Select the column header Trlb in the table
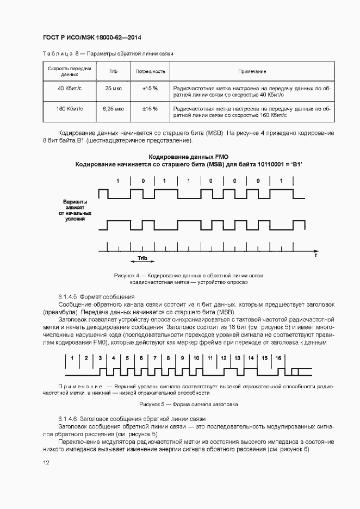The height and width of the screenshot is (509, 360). tap(113, 71)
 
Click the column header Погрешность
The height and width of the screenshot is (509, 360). tap(150, 71)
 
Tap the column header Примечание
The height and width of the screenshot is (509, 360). tap(252, 71)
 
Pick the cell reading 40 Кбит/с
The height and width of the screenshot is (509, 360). tap(70, 88)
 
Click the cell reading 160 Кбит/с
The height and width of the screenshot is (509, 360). tap(70, 109)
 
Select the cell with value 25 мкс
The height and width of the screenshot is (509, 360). tap(113, 88)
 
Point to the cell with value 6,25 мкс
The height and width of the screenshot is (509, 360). tap(113, 109)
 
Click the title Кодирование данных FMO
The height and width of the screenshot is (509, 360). tap(188, 157)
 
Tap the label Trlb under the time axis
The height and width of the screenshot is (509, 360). tap(142, 259)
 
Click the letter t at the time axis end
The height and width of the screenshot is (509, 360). tap(316, 254)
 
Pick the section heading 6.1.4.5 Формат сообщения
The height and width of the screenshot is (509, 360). tap(96, 297)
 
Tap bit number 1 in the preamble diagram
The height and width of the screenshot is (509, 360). tap(72, 358)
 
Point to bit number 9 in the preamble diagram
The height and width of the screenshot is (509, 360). tap(182, 358)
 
